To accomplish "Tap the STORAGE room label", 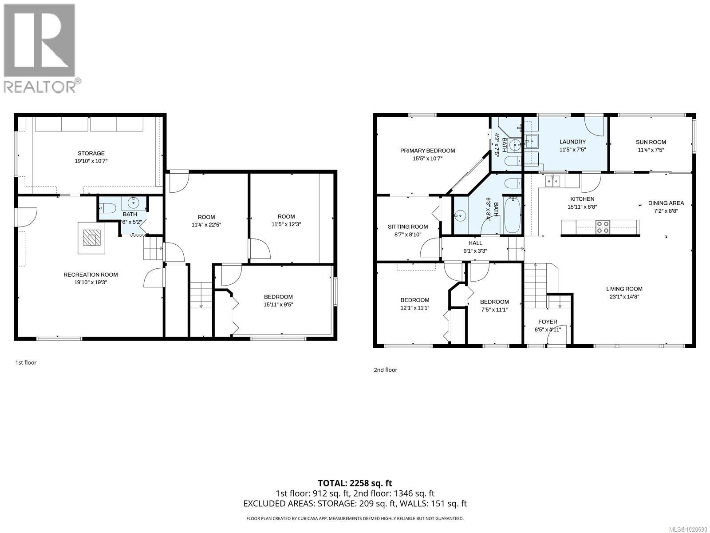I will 91,153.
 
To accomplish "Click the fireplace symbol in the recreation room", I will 91,238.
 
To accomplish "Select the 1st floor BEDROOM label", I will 278,297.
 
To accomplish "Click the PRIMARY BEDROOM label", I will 427,151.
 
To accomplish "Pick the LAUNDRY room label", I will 572,142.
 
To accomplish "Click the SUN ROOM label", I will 651,142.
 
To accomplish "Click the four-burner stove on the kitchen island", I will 603,227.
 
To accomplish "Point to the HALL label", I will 475,243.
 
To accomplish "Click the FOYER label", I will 548,322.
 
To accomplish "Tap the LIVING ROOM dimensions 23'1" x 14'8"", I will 624,297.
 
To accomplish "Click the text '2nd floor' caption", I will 385,370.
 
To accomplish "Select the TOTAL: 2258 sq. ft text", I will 355,483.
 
